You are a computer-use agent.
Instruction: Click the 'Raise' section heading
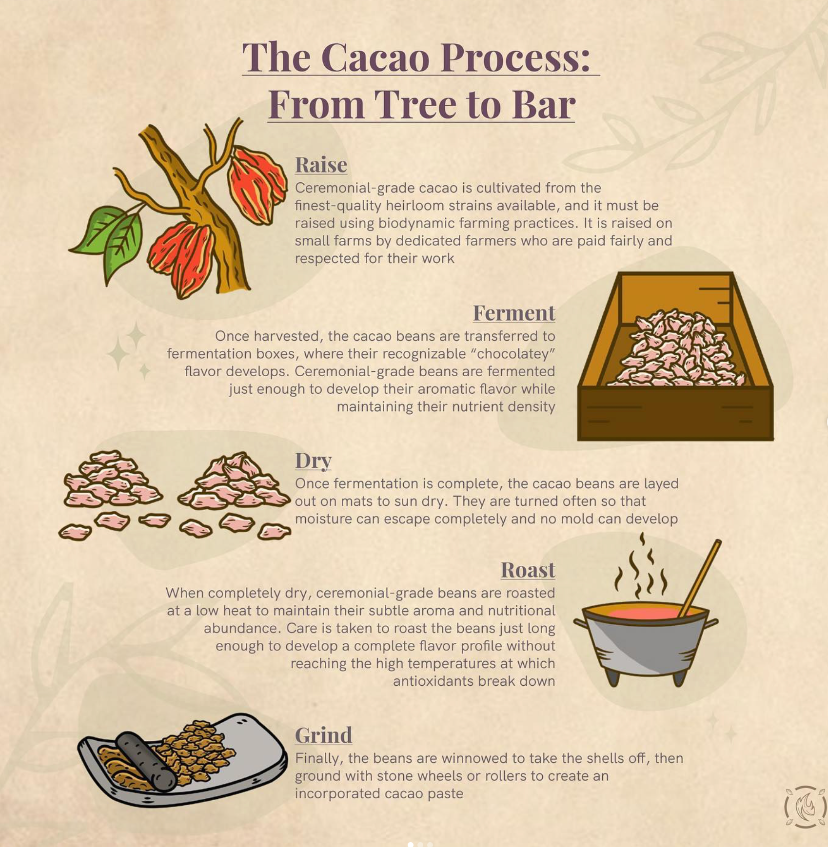click(x=321, y=165)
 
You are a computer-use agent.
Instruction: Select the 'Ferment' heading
click(x=514, y=313)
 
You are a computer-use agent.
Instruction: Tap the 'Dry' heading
click(x=313, y=461)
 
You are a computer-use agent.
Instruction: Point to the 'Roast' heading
click(x=528, y=570)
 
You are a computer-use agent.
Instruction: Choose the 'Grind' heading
click(x=323, y=735)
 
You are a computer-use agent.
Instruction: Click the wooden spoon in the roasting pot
click(x=700, y=578)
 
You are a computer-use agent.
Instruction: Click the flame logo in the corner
click(x=805, y=807)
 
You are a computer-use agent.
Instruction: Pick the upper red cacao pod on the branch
click(x=257, y=185)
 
